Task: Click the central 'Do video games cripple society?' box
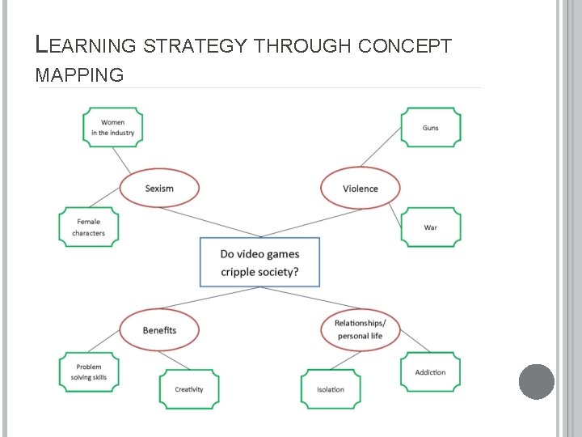pos(259,262)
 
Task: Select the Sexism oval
pos(159,188)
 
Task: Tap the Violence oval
pos(360,188)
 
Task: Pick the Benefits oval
pos(159,329)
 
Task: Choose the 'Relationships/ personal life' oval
pos(360,329)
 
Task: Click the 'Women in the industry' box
pos(113,128)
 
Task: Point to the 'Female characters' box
pos(89,227)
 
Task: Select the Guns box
pos(431,128)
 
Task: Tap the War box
pos(431,227)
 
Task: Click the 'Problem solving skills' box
pos(89,371)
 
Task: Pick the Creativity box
pos(189,389)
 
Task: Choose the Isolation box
pos(331,389)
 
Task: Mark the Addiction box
pos(431,371)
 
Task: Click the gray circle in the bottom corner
pos(536,381)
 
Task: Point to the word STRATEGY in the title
pos(196,47)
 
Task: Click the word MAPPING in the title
pos(80,76)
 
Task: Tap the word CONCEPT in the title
pos(403,47)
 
